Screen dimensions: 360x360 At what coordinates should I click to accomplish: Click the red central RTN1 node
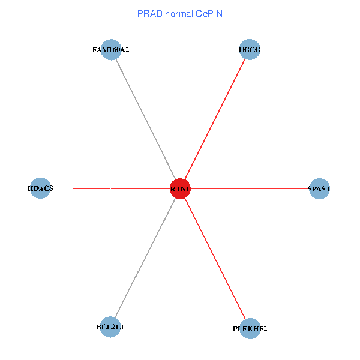pyautogui.click(x=180, y=188)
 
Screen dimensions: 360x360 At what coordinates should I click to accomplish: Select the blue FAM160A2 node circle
pyautogui.click(x=110, y=50)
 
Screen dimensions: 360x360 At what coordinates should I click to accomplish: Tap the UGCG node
pyautogui.click(x=250, y=50)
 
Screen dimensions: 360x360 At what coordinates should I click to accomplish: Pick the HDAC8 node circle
pyautogui.click(x=40, y=188)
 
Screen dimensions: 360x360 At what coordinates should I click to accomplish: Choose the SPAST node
pyautogui.click(x=319, y=188)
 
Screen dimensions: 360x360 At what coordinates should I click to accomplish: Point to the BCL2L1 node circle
pyautogui.click(x=110, y=327)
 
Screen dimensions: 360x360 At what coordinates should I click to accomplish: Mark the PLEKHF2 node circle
pyautogui.click(x=250, y=328)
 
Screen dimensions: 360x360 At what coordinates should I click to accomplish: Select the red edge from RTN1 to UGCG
pyautogui.click(x=215, y=119)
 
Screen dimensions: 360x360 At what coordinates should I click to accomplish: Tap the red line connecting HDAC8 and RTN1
pyautogui.click(x=114, y=188)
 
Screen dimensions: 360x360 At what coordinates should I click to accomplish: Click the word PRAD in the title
pyautogui.click(x=148, y=13)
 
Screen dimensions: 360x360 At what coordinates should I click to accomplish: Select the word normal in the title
pyautogui.click(x=177, y=13)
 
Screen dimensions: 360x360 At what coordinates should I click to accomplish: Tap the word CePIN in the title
pyautogui.click(x=209, y=13)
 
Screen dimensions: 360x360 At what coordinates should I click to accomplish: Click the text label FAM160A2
pyautogui.click(x=111, y=50)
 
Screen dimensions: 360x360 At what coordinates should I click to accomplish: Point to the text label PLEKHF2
pyautogui.click(x=250, y=329)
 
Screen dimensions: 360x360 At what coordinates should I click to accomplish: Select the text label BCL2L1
pyautogui.click(x=110, y=328)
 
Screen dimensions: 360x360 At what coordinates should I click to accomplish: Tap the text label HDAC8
pyautogui.click(x=40, y=189)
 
